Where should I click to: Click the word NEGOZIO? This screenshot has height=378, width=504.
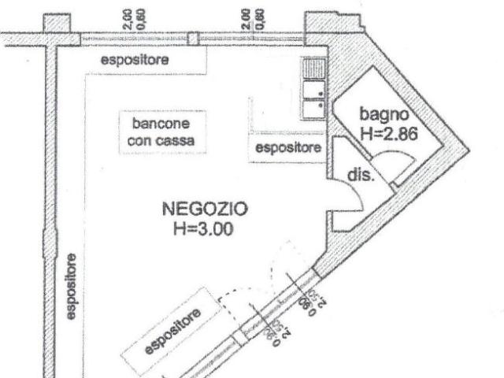205,210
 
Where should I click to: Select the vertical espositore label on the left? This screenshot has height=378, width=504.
72,286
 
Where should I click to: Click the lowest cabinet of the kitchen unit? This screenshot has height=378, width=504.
314,109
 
